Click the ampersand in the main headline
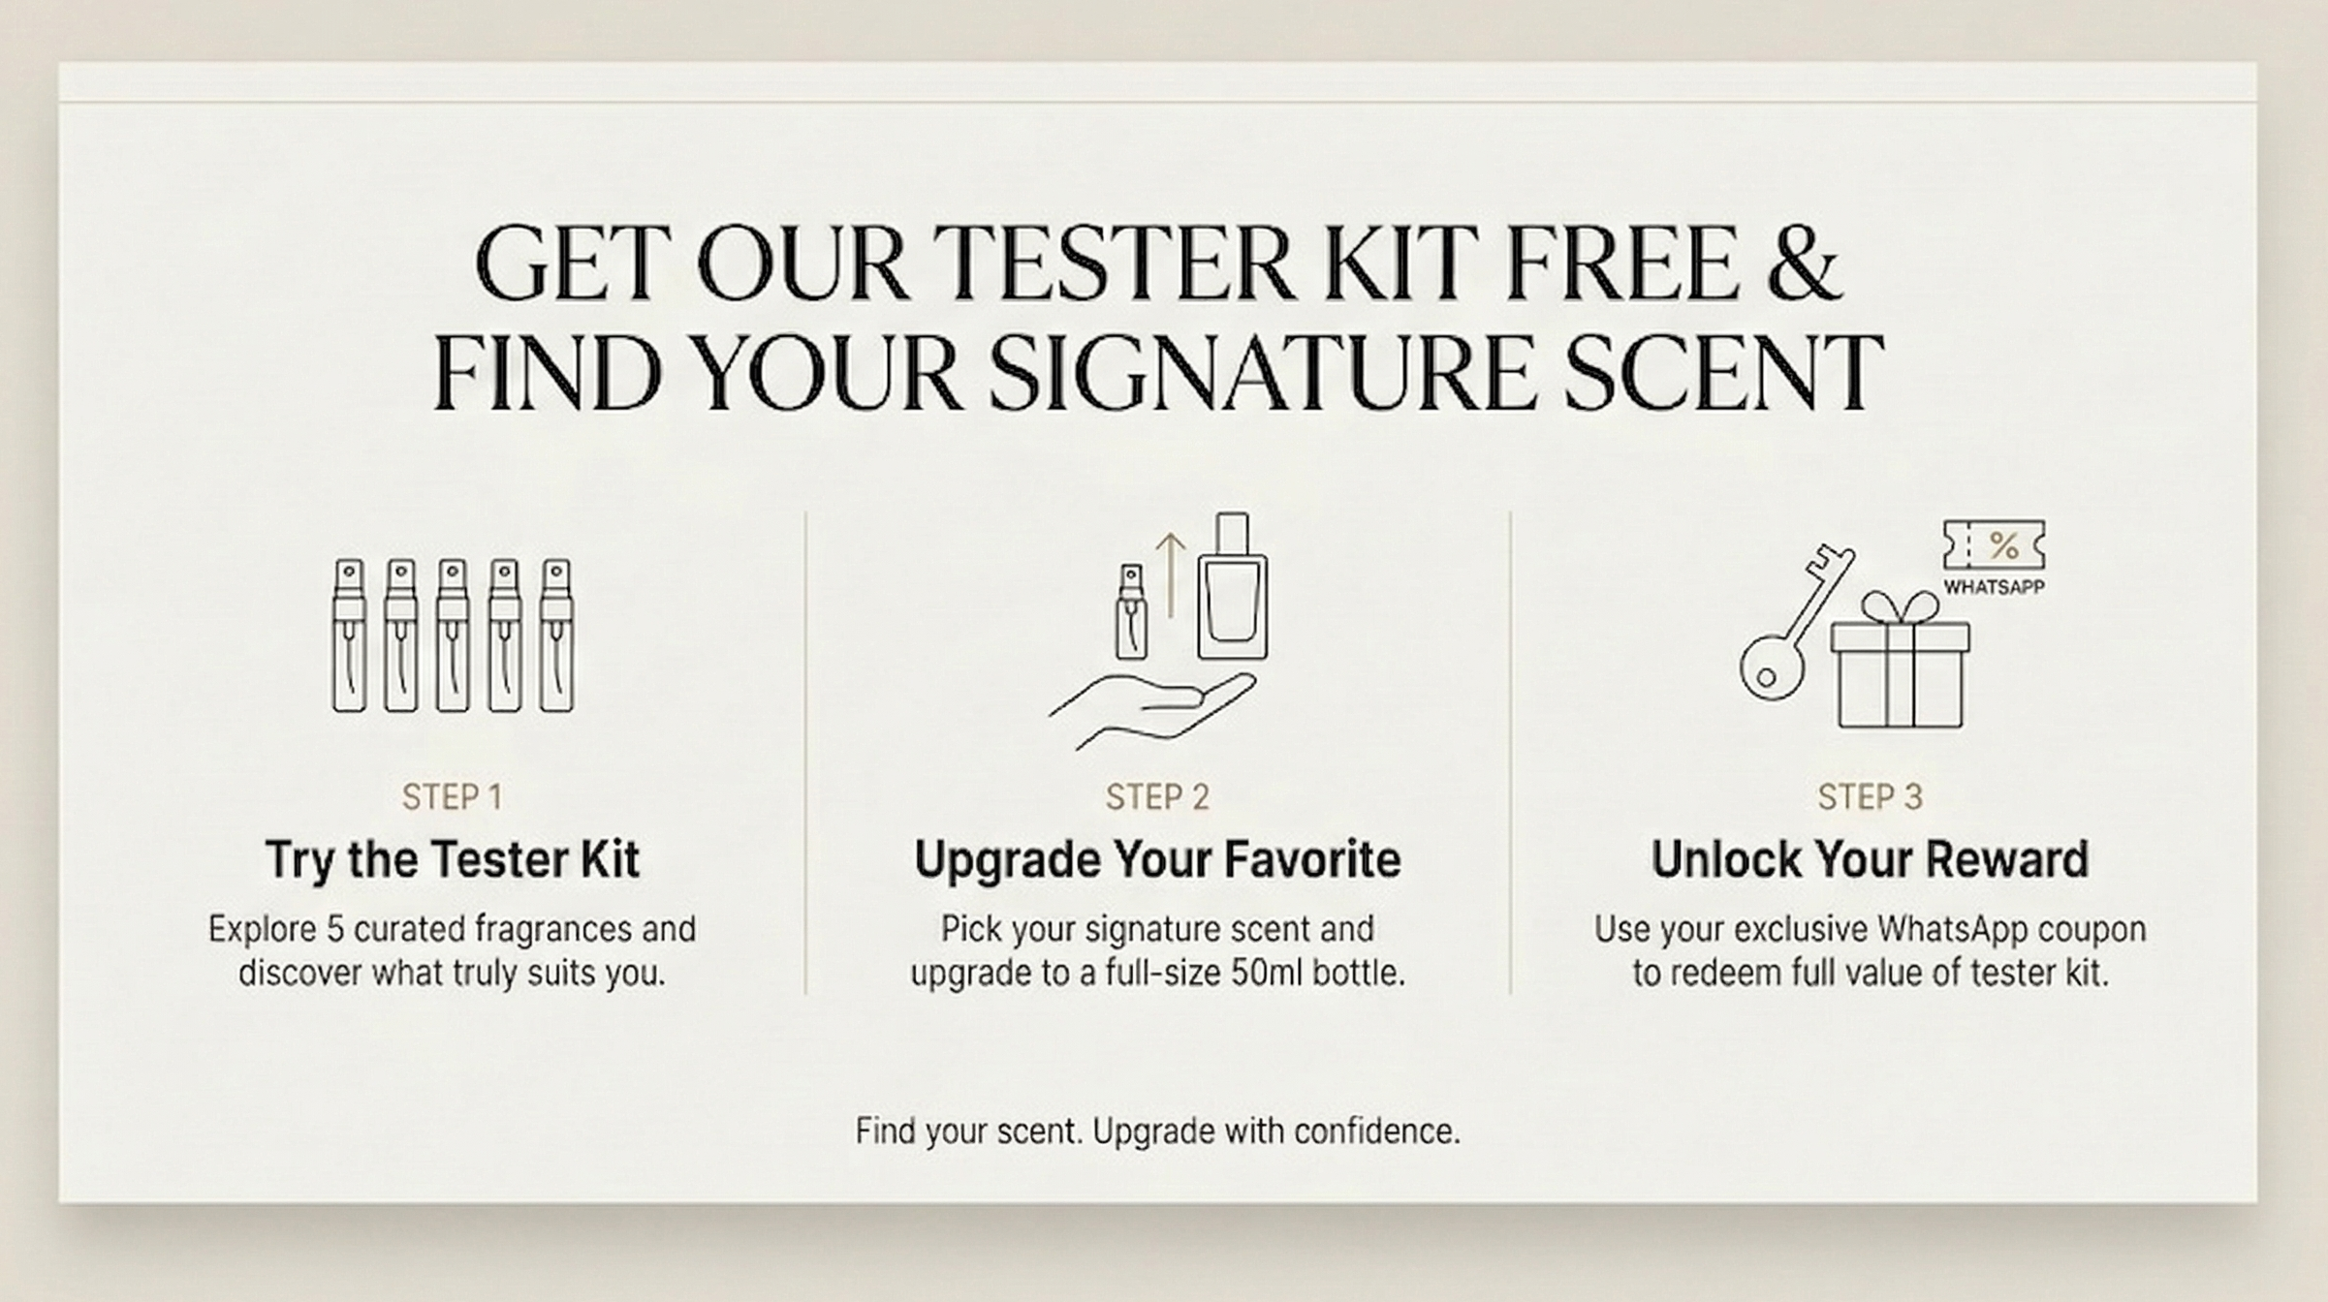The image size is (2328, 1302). [1804, 263]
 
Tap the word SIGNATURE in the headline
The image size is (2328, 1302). [1260, 372]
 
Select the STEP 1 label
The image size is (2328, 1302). [452, 797]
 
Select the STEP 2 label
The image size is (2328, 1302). [1157, 797]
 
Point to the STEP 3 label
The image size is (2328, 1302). [1870, 797]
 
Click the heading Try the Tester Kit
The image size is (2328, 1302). [453, 860]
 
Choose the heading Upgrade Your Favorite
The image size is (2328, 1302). [1157, 860]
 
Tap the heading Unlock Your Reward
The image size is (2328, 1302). [1870, 860]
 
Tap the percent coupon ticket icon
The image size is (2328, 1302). [1994, 545]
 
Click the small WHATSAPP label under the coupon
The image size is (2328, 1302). [1994, 587]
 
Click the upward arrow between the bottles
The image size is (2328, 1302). [1171, 575]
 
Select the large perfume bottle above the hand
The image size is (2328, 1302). [1232, 586]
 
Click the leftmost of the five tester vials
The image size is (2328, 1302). [349, 635]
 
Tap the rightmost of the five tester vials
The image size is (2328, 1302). [555, 635]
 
